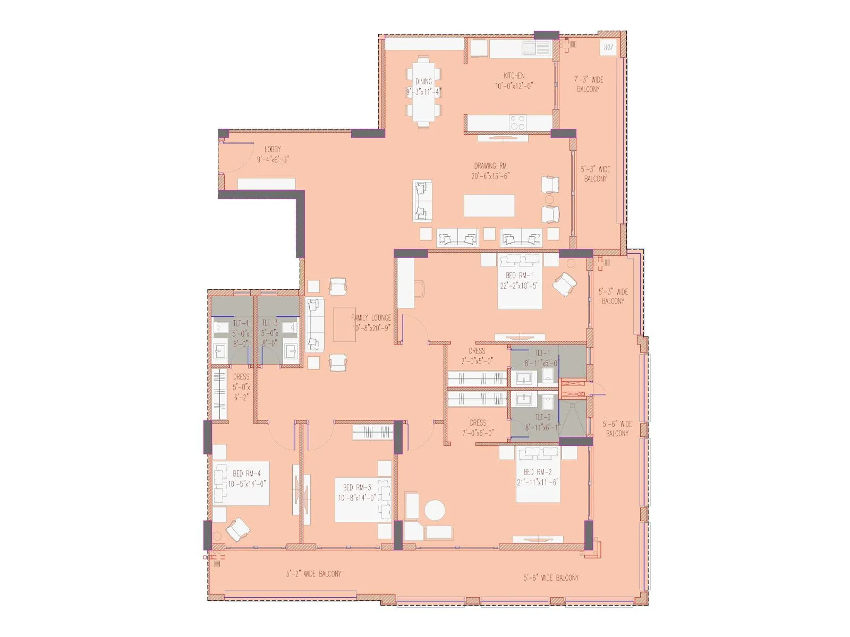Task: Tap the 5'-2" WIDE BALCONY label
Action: click(313, 574)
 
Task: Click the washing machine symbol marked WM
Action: click(608, 48)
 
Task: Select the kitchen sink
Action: click(536, 49)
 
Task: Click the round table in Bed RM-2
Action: click(435, 511)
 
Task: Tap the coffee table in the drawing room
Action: click(489, 205)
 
